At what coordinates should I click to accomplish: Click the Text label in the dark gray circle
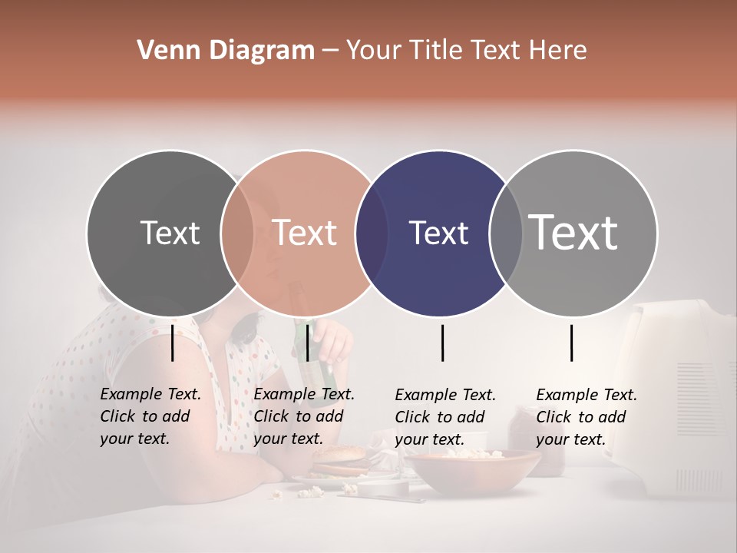[170, 233]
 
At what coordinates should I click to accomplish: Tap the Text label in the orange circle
[304, 233]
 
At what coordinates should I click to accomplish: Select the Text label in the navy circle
[438, 233]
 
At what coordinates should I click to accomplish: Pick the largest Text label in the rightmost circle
[573, 233]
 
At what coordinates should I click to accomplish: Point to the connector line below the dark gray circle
[173, 343]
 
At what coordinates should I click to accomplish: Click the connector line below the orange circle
[307, 343]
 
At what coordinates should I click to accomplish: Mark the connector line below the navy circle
[443, 343]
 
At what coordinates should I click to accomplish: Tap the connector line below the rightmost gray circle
[572, 343]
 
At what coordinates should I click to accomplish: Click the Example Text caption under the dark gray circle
[150, 416]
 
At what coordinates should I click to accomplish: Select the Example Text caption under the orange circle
[304, 416]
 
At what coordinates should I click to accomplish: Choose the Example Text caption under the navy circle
[445, 417]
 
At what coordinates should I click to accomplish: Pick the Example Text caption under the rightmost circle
[587, 417]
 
